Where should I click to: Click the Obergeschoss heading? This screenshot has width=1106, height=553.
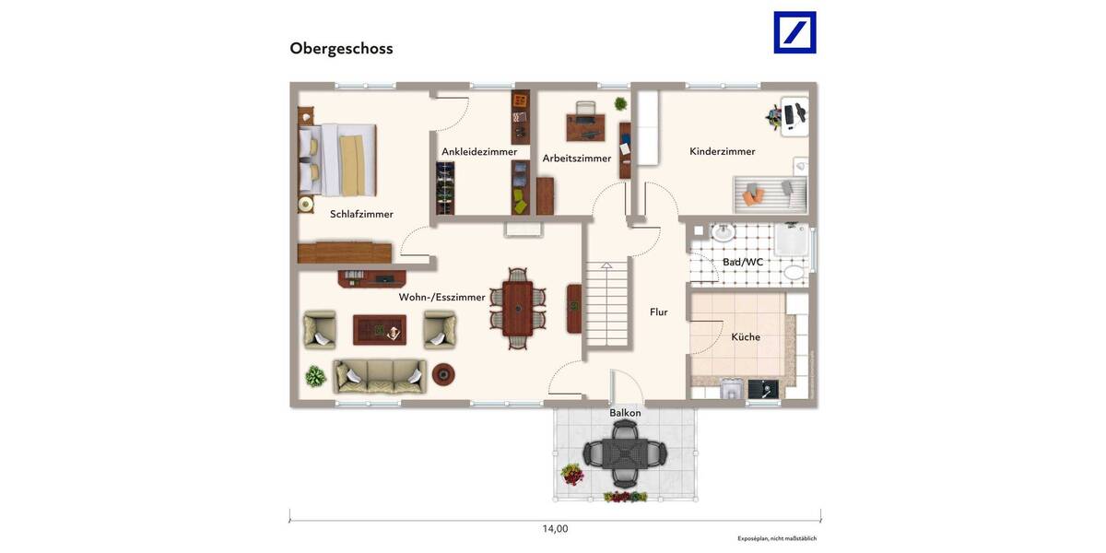[x=341, y=49]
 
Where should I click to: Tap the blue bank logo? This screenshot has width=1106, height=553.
[x=794, y=32]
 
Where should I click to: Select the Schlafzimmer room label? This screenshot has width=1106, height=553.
[x=361, y=214]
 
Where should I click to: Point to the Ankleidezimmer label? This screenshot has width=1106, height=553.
[x=479, y=152]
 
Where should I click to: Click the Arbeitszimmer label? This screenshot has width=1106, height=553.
[x=577, y=159]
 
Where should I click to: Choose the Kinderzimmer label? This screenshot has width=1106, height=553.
[x=723, y=151]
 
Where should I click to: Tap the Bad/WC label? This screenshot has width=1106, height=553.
[x=743, y=262]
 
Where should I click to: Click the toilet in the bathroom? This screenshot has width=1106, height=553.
[x=794, y=271]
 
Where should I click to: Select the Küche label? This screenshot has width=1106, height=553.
[x=746, y=337]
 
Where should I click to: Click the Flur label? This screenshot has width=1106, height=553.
[x=658, y=312]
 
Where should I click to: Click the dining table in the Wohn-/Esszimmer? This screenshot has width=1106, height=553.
[x=517, y=308]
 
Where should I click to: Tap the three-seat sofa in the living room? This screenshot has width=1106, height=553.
[x=380, y=375]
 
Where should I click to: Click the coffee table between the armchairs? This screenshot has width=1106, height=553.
[x=380, y=328]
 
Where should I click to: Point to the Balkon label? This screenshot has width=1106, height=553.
[x=625, y=413]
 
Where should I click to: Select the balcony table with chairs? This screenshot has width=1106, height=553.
[x=624, y=453]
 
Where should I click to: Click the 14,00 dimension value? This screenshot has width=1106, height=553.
[x=555, y=529]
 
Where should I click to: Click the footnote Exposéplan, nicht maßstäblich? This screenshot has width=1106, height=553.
[x=777, y=538]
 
